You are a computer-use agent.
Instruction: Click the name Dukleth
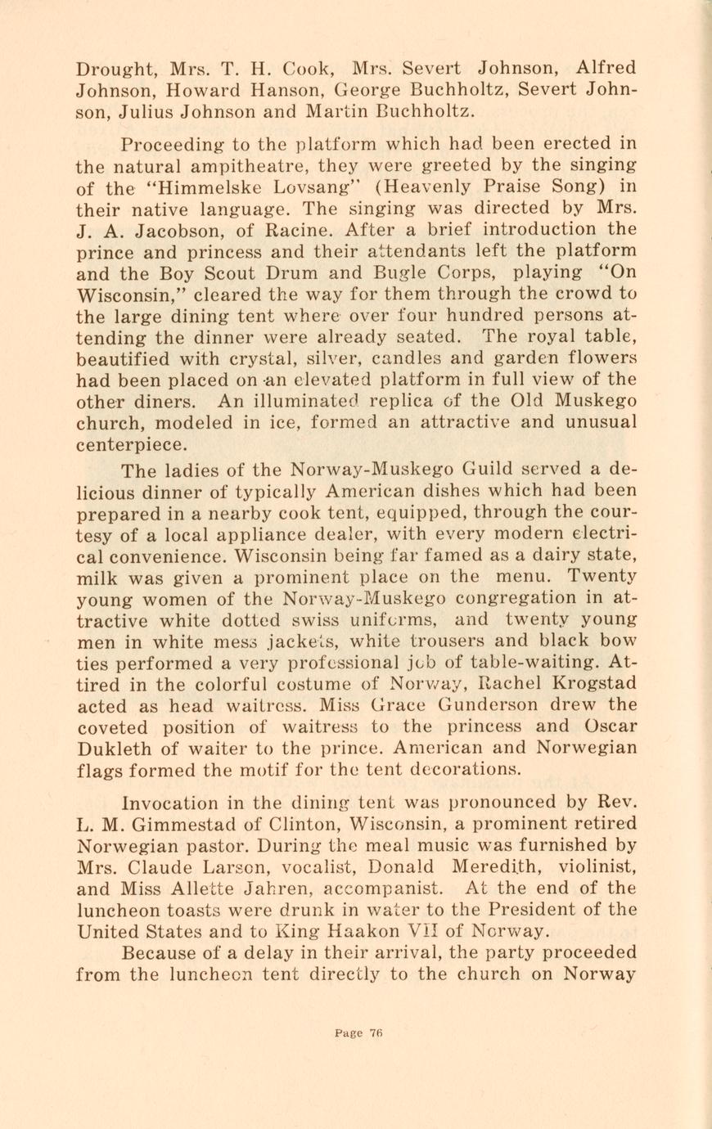click(x=115, y=749)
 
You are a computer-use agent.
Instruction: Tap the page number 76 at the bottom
click(x=376, y=1033)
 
